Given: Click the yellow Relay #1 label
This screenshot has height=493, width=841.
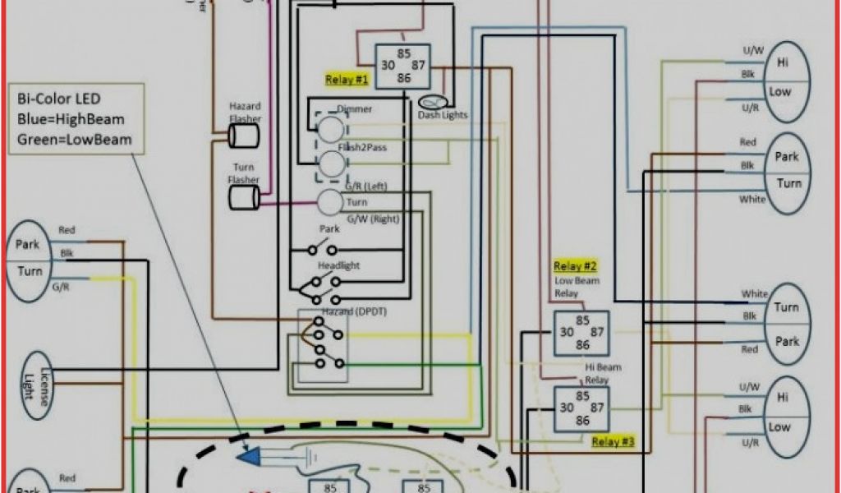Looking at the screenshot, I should (347, 80).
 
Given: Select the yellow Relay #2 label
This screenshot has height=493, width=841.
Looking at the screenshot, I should (575, 266).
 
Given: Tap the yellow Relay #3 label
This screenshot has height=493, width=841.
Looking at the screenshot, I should (614, 441).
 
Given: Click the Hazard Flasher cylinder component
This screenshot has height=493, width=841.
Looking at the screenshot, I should (244, 136).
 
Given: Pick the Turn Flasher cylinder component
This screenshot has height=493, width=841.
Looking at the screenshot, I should (244, 196).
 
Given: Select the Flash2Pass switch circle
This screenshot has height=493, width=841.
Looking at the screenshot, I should (332, 164).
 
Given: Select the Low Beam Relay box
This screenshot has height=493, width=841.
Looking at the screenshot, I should (581, 332).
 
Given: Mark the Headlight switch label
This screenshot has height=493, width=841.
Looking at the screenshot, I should (339, 266).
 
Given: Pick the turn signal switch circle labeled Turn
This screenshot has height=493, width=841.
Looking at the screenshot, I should (330, 202).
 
